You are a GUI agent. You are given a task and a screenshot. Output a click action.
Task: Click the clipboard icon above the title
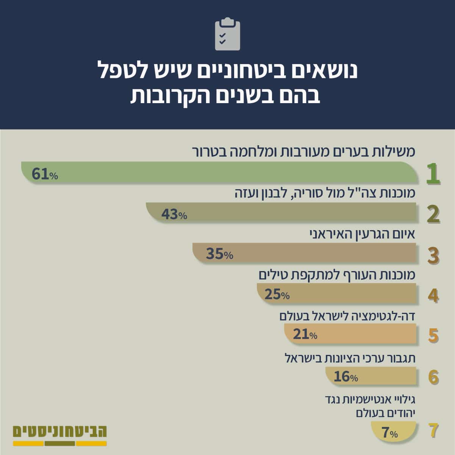coord(227,34)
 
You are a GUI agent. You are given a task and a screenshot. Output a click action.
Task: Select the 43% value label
coord(174,214)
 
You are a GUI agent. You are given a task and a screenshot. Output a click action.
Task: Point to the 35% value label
coord(220,254)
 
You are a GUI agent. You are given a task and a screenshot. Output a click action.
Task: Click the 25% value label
coord(277,295)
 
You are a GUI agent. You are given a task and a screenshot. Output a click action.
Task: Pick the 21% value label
coord(305,334)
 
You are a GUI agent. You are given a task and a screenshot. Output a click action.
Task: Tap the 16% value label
coord(346,377)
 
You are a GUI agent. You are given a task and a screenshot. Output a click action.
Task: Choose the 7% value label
coord(389,433)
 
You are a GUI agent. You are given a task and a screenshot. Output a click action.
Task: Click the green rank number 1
coord(433,174)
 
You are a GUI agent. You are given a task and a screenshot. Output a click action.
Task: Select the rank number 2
coord(433,214)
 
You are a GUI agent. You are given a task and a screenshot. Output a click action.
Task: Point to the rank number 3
coord(433,256)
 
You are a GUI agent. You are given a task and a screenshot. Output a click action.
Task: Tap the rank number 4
coord(433,295)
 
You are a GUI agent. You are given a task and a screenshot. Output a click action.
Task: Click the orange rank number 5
coord(433,336)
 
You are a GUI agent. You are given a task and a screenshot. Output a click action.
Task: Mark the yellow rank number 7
coord(433,430)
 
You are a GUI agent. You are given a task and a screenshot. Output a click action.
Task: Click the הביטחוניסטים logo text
coord(60,431)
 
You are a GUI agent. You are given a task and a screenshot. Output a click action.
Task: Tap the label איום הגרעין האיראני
coord(363,235)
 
